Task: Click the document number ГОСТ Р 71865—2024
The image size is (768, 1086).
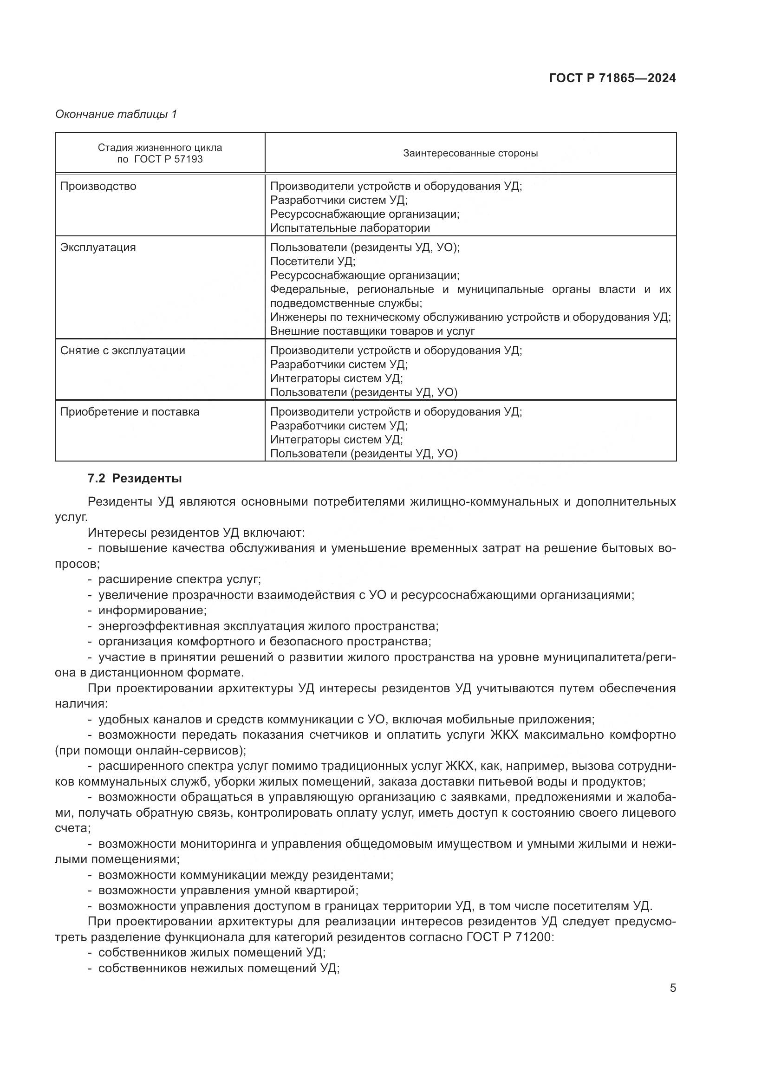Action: pyautogui.click(x=612, y=78)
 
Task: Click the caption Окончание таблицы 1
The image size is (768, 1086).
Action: pyautogui.click(x=116, y=114)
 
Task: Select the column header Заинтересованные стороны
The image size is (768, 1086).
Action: pyautogui.click(x=470, y=153)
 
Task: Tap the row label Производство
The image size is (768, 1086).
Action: pyautogui.click(x=98, y=186)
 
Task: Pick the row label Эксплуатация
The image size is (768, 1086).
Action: pyautogui.click(x=98, y=247)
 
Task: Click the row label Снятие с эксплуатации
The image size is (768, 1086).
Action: pyautogui.click(x=123, y=351)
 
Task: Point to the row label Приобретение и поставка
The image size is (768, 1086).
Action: pyautogui.click(x=130, y=411)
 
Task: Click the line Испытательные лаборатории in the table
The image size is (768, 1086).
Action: pyautogui.click(x=350, y=228)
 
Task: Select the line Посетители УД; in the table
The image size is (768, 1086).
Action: pyautogui.click(x=312, y=261)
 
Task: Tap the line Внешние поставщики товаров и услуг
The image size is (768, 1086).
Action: pyautogui.click(x=372, y=331)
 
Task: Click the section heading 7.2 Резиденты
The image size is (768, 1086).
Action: pyautogui.click(x=135, y=478)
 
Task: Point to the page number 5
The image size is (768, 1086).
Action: pyautogui.click(x=672, y=988)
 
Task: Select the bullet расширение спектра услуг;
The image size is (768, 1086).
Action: pyautogui.click(x=179, y=579)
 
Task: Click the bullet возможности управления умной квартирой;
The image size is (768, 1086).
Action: pyautogui.click(x=228, y=890)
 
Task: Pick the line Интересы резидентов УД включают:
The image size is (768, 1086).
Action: pyautogui.click(x=196, y=533)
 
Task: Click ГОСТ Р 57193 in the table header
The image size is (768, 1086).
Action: pyautogui.click(x=169, y=159)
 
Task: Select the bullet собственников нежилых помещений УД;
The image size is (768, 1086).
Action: pyautogui.click(x=219, y=968)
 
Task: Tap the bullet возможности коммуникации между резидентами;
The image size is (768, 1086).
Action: pyautogui.click(x=246, y=875)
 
